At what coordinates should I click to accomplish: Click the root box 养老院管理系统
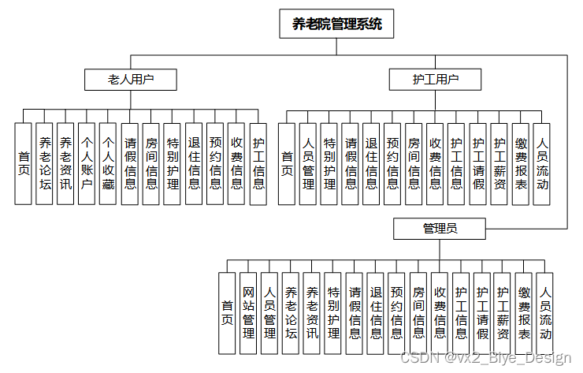(336, 24)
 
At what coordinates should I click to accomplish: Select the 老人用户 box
(131, 79)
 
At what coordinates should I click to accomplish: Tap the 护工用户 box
(435, 79)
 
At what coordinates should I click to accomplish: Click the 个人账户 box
(87, 163)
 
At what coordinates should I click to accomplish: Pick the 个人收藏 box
(109, 163)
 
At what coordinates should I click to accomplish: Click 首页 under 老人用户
(24, 163)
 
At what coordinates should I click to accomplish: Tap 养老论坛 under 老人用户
(45, 163)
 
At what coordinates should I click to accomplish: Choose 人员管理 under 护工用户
(308, 163)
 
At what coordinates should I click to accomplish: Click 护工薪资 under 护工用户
(499, 163)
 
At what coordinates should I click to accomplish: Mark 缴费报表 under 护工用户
(520, 163)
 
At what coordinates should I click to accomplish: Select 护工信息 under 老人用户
(258, 163)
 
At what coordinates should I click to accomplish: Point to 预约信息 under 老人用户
(215, 163)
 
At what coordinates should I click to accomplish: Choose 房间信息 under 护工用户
(414, 163)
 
